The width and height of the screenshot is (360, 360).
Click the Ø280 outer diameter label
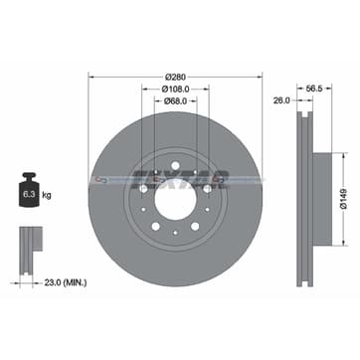175,76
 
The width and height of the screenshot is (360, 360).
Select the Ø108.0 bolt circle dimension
175,88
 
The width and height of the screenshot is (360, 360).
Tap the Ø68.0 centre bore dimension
175,99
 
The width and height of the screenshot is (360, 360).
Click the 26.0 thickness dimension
281,99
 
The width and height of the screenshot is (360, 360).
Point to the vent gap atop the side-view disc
302,115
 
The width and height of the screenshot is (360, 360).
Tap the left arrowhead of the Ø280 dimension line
92,76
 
